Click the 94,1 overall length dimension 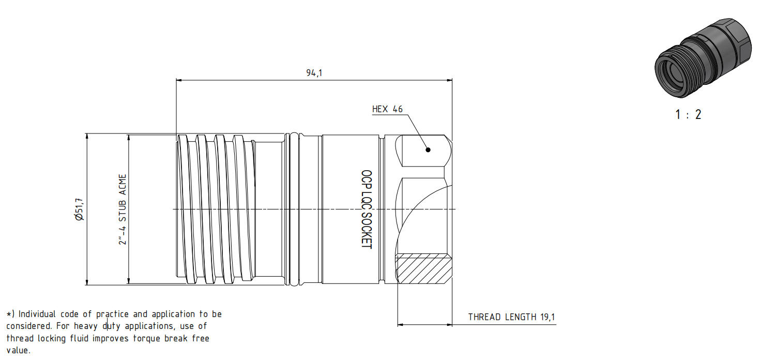pos(314,72)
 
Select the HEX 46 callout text pos(387,109)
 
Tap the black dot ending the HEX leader pos(428,149)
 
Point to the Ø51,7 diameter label pos(79,209)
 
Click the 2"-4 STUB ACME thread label pos(123,209)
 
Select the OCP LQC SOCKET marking pos(367,209)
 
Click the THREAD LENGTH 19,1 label pos(511,317)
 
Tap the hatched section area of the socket pos(424,268)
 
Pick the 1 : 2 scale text pos(688,114)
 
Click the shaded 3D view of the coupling pos(702,58)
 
